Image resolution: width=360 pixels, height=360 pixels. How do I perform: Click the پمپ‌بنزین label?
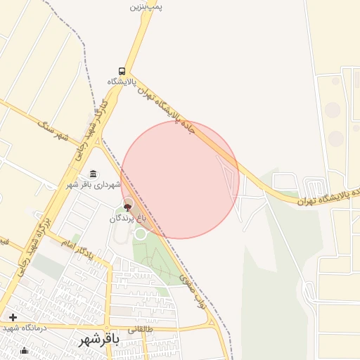[x=147, y=6]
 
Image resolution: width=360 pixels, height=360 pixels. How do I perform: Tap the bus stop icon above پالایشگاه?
[x=122, y=71]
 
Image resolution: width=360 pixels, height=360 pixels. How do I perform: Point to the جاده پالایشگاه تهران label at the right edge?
[x=331, y=196]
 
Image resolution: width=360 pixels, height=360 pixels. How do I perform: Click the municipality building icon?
[x=94, y=174]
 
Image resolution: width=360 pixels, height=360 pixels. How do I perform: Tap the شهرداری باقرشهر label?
[x=94, y=185]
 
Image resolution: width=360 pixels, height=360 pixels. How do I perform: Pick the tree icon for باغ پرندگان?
[x=127, y=207]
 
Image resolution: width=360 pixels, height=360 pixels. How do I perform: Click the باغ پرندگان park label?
[x=127, y=219]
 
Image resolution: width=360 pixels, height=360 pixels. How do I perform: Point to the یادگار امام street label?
[x=77, y=247]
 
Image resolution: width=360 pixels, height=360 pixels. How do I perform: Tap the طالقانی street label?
[x=140, y=328]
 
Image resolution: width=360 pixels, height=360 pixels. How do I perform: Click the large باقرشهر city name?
[x=98, y=340]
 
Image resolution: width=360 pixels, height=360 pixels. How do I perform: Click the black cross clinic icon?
[x=13, y=317]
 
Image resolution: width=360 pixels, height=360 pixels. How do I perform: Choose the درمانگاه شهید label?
[x=24, y=328]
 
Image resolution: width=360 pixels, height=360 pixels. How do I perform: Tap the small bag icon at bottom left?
[x=24, y=350]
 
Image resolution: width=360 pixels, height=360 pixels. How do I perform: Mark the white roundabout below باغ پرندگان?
[x=141, y=233]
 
